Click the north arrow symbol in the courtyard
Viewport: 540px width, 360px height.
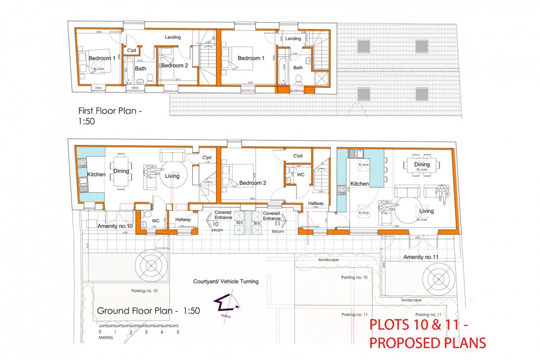pyautogui.click(x=222, y=305)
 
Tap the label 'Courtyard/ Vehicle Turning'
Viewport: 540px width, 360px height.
pyautogui.click(x=226, y=281)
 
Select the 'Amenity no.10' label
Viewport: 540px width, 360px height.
pyautogui.click(x=115, y=226)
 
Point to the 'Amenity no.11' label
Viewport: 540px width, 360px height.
pyautogui.click(x=420, y=257)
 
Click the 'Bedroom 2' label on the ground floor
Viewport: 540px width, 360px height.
pyautogui.click(x=251, y=183)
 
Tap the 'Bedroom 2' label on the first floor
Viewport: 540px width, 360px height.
pyautogui.click(x=175, y=66)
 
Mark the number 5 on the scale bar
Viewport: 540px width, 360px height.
pyautogui.click(x=178, y=333)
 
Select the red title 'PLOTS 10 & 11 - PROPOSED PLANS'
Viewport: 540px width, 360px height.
pyautogui.click(x=427, y=334)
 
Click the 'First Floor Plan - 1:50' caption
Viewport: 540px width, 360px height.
pyautogui.click(x=110, y=116)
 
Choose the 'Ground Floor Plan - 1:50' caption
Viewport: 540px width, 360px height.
pyautogui.click(x=148, y=311)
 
